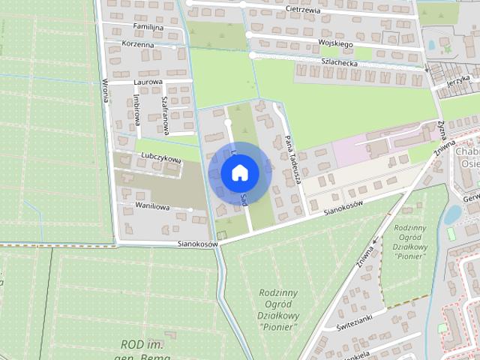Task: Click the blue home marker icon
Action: (x=239, y=172)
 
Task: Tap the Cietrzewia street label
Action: (x=304, y=10)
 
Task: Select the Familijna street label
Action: (x=148, y=27)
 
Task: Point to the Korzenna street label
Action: (x=138, y=45)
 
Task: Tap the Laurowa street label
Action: (x=148, y=82)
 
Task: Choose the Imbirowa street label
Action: (x=136, y=109)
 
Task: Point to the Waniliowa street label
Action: (x=153, y=206)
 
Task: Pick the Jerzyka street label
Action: (x=457, y=81)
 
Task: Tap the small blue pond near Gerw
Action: (x=452, y=215)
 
